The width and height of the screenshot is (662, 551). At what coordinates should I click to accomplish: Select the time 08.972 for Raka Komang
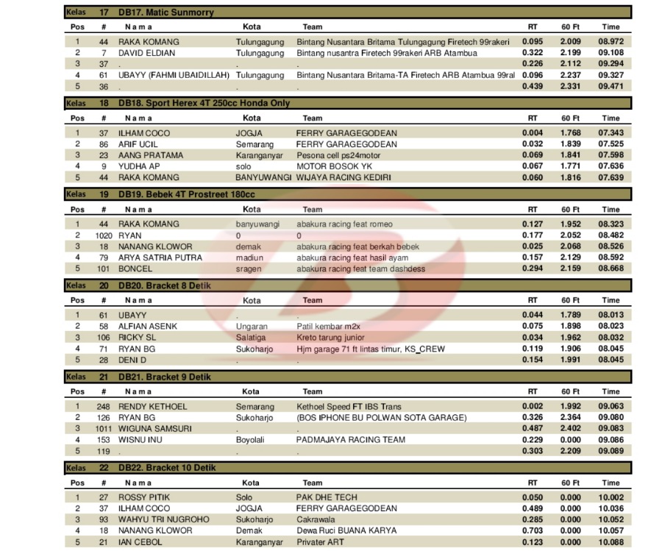pos(611,42)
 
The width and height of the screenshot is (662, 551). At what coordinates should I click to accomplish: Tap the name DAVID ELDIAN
pos(147,53)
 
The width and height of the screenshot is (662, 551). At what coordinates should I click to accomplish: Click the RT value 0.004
pos(533,133)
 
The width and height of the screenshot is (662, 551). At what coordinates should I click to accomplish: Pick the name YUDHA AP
pos(140,166)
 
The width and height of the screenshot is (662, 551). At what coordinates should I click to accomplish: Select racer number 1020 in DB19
pos(104,235)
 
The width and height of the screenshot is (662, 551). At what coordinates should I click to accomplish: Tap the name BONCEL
pos(135,269)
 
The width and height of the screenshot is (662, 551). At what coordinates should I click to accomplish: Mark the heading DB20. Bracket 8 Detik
pos(168,285)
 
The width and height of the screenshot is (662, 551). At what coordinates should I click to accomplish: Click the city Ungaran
pos(252,326)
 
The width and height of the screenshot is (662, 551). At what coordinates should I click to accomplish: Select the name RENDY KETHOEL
pos(152,406)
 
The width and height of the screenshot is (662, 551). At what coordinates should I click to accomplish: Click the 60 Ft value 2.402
pos(571,428)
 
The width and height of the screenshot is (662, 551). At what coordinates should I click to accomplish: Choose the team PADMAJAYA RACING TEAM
pos(350,439)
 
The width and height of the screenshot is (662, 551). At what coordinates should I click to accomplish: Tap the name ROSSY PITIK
pos(143,497)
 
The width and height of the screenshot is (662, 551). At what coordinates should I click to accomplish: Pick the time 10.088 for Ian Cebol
pos(611,541)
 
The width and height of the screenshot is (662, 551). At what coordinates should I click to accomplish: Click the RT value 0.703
pos(533,530)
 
